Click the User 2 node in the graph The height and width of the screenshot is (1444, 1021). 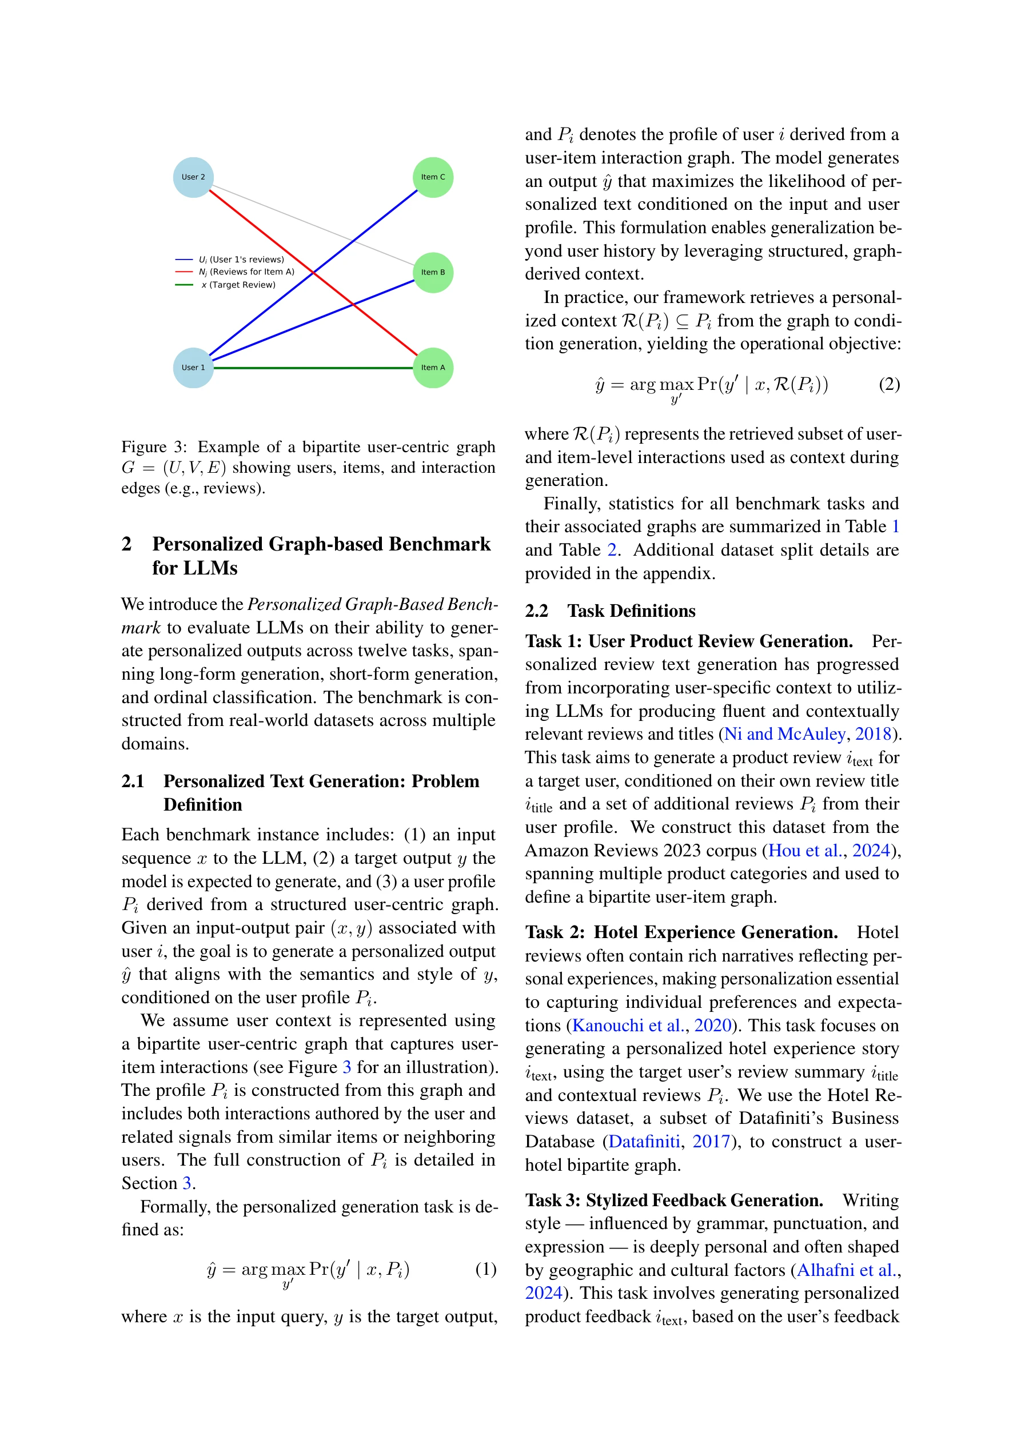click(193, 177)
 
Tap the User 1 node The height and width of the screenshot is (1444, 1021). click(193, 368)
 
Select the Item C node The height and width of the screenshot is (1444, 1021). click(433, 177)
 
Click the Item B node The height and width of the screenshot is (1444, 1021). click(433, 272)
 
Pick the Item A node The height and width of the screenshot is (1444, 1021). click(433, 368)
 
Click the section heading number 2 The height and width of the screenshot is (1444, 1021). click(126, 544)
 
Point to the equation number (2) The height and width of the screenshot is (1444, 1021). click(889, 384)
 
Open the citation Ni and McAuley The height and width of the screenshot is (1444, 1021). click(784, 734)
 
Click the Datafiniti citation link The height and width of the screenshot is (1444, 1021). click(644, 1142)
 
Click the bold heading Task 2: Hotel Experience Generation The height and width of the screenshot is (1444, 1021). click(681, 932)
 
